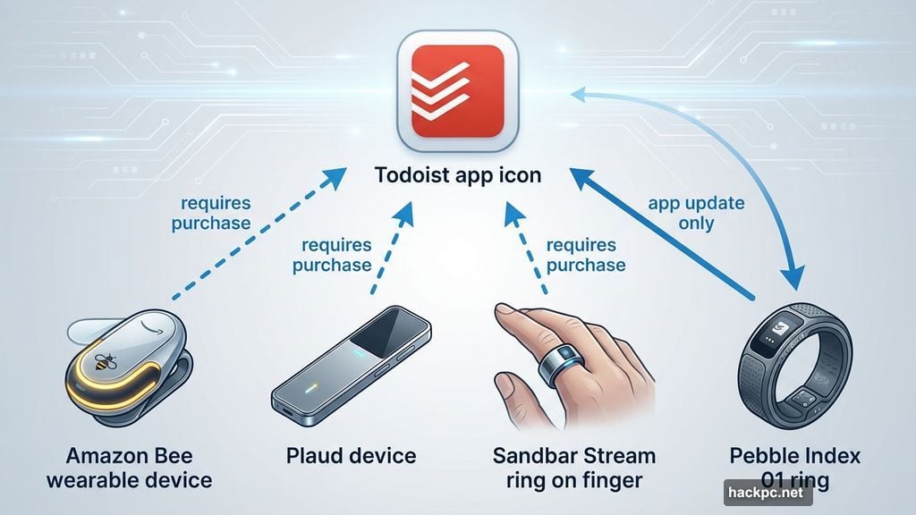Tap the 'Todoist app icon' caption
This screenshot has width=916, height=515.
(457, 174)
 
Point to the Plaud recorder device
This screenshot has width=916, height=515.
(351, 367)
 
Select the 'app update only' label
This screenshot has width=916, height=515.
(696, 213)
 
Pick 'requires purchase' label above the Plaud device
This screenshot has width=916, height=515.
(337, 254)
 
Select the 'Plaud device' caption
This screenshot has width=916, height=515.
(352, 456)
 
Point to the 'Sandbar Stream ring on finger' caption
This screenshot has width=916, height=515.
(574, 468)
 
